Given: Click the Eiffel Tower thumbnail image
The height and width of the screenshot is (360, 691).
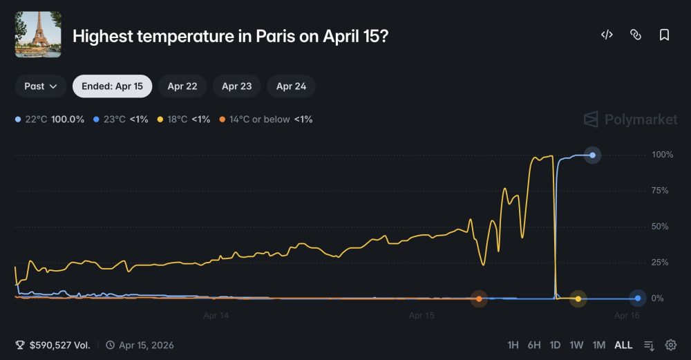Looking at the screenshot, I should pos(38,35).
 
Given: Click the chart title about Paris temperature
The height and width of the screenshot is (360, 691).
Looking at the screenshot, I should pos(230,35).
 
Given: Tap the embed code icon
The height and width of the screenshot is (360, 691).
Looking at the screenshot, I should pos(607,35).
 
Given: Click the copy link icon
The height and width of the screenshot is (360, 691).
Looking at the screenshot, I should pos(636,35).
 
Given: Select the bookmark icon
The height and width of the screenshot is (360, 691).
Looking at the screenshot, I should pos(664,35).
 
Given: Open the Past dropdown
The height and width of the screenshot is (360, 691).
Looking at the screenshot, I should pos(41,86).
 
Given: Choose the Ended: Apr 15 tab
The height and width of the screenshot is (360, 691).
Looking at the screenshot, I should pos(112,86).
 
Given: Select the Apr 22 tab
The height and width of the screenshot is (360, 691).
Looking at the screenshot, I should pos(182,86).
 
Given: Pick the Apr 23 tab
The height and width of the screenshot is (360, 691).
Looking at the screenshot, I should pos(236,86).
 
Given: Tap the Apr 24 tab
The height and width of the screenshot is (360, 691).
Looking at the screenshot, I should pos(291,86).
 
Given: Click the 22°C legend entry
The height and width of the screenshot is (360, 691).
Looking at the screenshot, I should pos(50,120).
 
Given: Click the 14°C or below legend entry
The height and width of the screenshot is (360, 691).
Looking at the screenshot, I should pos(265,120).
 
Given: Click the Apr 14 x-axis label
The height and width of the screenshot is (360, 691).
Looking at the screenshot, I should pos(216,316).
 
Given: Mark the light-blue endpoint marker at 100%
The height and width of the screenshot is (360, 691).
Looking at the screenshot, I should pos(592,155).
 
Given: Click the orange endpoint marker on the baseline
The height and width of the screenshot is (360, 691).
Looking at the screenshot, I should pos(479,299).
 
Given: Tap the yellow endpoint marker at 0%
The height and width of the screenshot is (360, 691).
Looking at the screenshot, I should pos(578,299).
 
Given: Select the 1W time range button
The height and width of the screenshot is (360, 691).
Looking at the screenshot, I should pos(576,345).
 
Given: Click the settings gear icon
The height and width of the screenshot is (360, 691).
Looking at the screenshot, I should pos(670,345).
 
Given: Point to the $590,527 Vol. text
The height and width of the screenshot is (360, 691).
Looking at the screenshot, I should pos(59,345).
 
